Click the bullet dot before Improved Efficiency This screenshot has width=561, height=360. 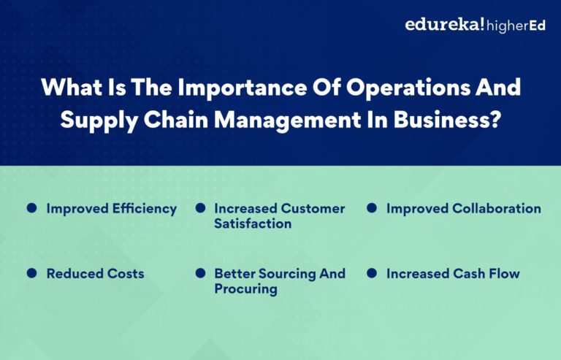tap(31, 208)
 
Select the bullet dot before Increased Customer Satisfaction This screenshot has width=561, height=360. tap(200, 208)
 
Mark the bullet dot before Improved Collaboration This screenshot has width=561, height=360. tap(371, 208)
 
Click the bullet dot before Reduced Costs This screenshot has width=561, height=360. tap(31, 273)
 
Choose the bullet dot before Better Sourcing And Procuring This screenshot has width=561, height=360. tap(200, 273)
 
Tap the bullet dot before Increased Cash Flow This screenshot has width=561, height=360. tap(371, 273)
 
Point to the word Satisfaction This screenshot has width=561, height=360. tap(253, 223)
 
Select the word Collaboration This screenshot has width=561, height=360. tap(497, 209)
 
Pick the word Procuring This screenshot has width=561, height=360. tap(245, 289)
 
